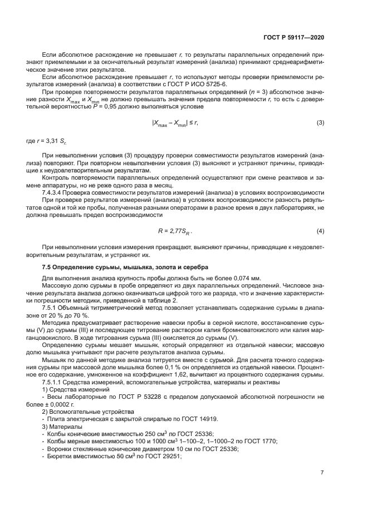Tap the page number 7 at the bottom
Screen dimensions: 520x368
click(322, 473)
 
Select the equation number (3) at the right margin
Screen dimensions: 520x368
click(320, 138)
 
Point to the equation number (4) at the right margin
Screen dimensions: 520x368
click(320, 230)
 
